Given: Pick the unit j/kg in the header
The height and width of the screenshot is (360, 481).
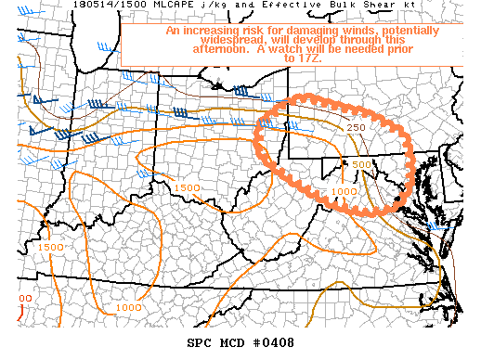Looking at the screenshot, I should pyautogui.click(x=158, y=6).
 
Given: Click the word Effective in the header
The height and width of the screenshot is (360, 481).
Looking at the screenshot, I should pyautogui.click(x=227, y=6).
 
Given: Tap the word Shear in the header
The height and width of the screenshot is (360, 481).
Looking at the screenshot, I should pyautogui.click(x=306, y=6).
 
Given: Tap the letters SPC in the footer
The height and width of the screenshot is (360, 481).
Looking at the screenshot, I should pyautogui.click(x=199, y=343).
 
